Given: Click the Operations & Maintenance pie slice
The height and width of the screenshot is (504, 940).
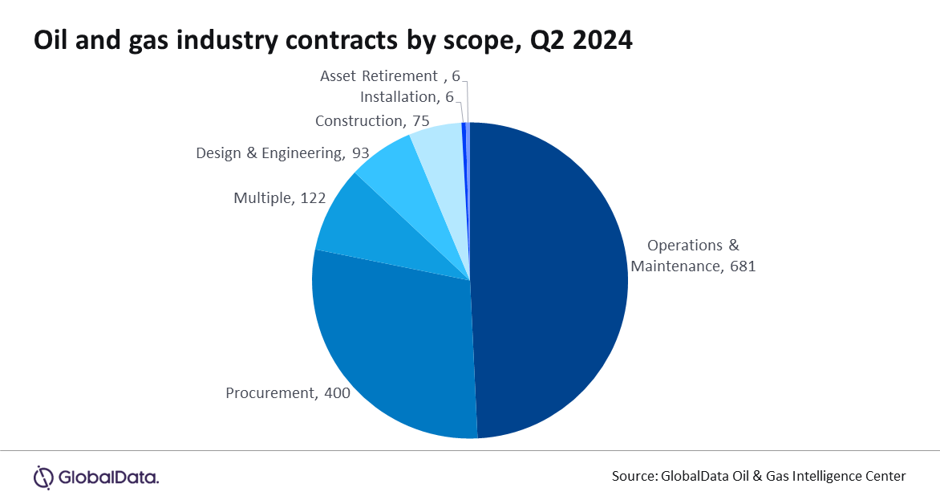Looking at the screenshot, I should pos(553,281).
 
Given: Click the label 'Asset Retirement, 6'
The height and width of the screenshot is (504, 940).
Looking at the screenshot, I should pos(389,76).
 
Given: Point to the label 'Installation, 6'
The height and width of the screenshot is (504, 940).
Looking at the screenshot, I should pos(407,97).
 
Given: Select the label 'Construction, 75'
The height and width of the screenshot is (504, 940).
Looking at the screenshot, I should pos(372,121).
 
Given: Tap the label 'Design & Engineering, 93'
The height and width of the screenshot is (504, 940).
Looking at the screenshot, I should pos(282,152).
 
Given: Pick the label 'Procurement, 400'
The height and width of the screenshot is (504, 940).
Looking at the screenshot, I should pos(288,393).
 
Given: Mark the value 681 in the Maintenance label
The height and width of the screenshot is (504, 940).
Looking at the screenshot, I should pos(742,266).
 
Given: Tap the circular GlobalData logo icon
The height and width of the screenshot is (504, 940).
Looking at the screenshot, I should pos(43,477).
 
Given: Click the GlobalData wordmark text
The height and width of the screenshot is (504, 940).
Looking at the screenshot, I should pos(109,478).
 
